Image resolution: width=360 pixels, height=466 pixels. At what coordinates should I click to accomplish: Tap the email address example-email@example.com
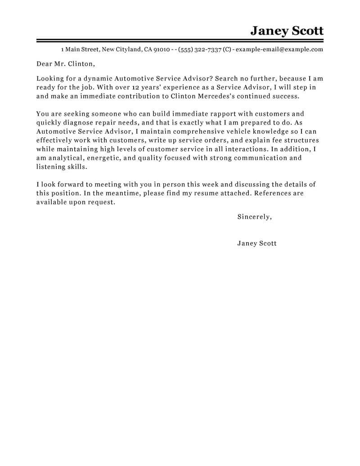tap(279, 50)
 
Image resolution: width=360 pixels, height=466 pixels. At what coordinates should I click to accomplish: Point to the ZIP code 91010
tap(162, 50)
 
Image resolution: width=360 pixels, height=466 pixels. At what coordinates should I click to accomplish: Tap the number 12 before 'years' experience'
tap(122, 87)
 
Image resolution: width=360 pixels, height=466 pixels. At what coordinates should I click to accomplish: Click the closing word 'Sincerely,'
tap(254, 217)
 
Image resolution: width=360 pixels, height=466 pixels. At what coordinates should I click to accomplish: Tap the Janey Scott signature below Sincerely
tap(256, 243)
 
